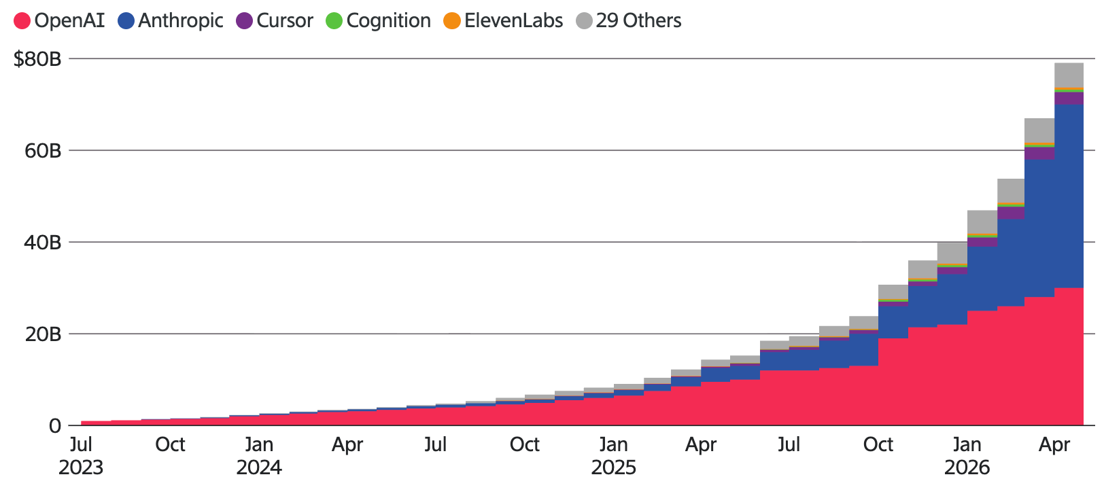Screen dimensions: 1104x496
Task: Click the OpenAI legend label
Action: (69, 20)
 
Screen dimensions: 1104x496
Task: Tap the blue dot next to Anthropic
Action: (126, 20)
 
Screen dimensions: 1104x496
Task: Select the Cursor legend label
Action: (285, 20)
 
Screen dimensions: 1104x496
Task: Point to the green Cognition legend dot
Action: (334, 20)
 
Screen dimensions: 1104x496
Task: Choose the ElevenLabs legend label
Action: (513, 20)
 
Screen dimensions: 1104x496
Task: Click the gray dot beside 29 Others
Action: (584, 20)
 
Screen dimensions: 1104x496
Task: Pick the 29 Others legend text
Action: (639, 20)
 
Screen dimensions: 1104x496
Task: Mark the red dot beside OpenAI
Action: (22, 20)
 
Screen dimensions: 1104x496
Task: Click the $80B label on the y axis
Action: (37, 59)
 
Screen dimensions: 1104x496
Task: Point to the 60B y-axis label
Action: (43, 151)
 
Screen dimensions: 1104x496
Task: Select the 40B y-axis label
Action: (43, 243)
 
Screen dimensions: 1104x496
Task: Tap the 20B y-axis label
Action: (43, 334)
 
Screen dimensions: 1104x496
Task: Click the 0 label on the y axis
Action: (55, 426)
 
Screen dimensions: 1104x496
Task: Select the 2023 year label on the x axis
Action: (81, 467)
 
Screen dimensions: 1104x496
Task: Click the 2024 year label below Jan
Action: (259, 467)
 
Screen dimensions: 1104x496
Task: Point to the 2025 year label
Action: (614, 467)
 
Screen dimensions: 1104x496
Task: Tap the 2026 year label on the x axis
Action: (967, 467)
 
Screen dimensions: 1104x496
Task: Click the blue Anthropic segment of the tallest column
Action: (1069, 196)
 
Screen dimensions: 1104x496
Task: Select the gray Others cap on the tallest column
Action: (1069, 75)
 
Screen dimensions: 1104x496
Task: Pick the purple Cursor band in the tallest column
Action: (1069, 99)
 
